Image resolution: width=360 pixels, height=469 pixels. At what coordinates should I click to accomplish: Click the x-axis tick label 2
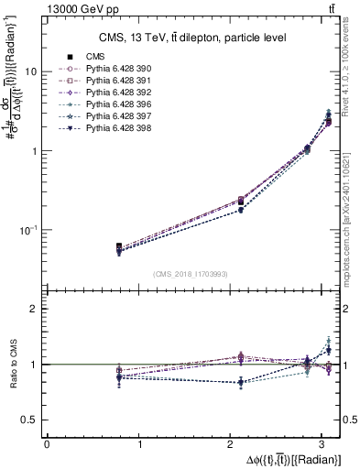(233, 444)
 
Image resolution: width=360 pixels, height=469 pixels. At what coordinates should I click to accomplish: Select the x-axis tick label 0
(47, 444)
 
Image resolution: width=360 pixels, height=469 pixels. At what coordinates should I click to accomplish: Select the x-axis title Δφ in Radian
(292, 459)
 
